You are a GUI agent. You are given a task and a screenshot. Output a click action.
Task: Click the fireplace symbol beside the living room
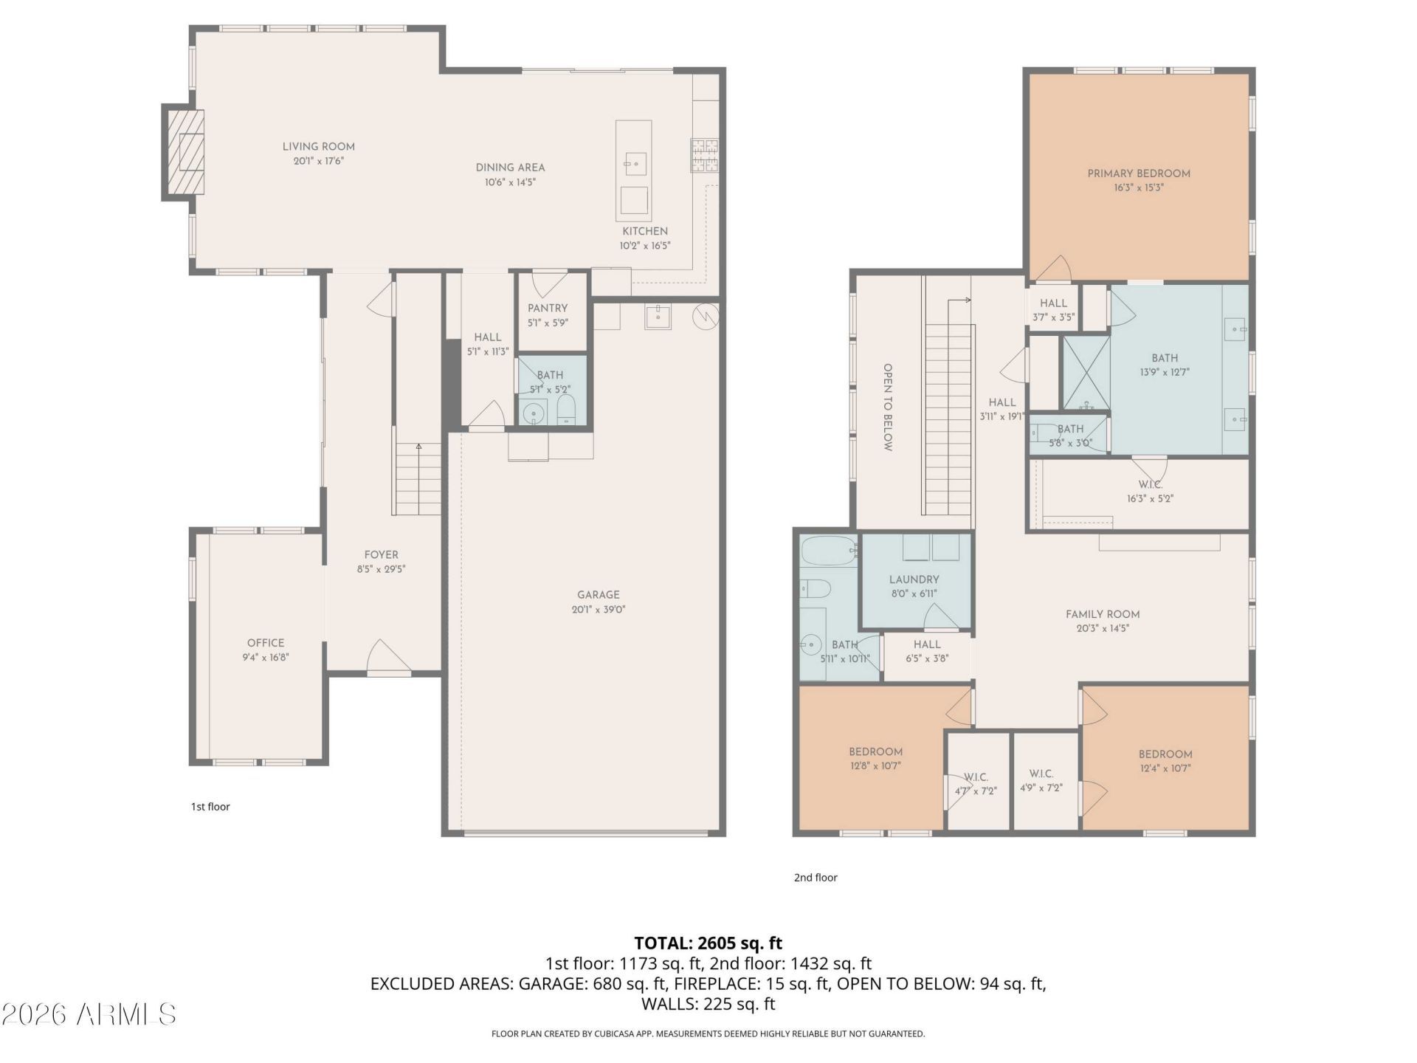click(x=183, y=152)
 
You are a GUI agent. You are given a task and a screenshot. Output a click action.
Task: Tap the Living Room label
click(x=319, y=147)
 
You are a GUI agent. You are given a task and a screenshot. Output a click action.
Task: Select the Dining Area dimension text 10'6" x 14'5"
click(x=510, y=182)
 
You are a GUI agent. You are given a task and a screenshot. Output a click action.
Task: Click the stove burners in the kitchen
click(x=704, y=156)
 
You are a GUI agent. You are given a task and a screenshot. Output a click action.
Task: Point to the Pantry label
click(x=548, y=309)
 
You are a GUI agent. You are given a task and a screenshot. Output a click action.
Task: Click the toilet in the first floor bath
click(x=566, y=409)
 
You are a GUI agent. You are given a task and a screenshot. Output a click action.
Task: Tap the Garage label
click(x=599, y=595)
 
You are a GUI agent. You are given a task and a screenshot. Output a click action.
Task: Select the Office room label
click(x=266, y=643)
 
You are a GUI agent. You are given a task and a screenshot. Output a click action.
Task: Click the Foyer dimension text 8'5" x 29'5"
click(x=381, y=569)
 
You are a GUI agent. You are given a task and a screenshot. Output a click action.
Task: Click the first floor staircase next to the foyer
click(x=418, y=479)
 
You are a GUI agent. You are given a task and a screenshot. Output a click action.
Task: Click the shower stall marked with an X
click(x=1086, y=373)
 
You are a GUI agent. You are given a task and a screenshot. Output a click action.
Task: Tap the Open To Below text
click(x=888, y=407)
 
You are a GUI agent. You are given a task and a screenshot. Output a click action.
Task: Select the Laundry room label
click(x=914, y=580)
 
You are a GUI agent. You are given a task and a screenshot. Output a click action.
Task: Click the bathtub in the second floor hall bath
click(x=828, y=551)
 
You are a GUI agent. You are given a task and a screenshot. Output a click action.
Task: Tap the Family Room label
click(x=1103, y=614)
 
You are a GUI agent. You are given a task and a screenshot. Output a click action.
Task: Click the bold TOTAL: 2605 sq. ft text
click(x=708, y=943)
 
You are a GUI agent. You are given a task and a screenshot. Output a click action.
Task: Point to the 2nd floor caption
click(x=816, y=878)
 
